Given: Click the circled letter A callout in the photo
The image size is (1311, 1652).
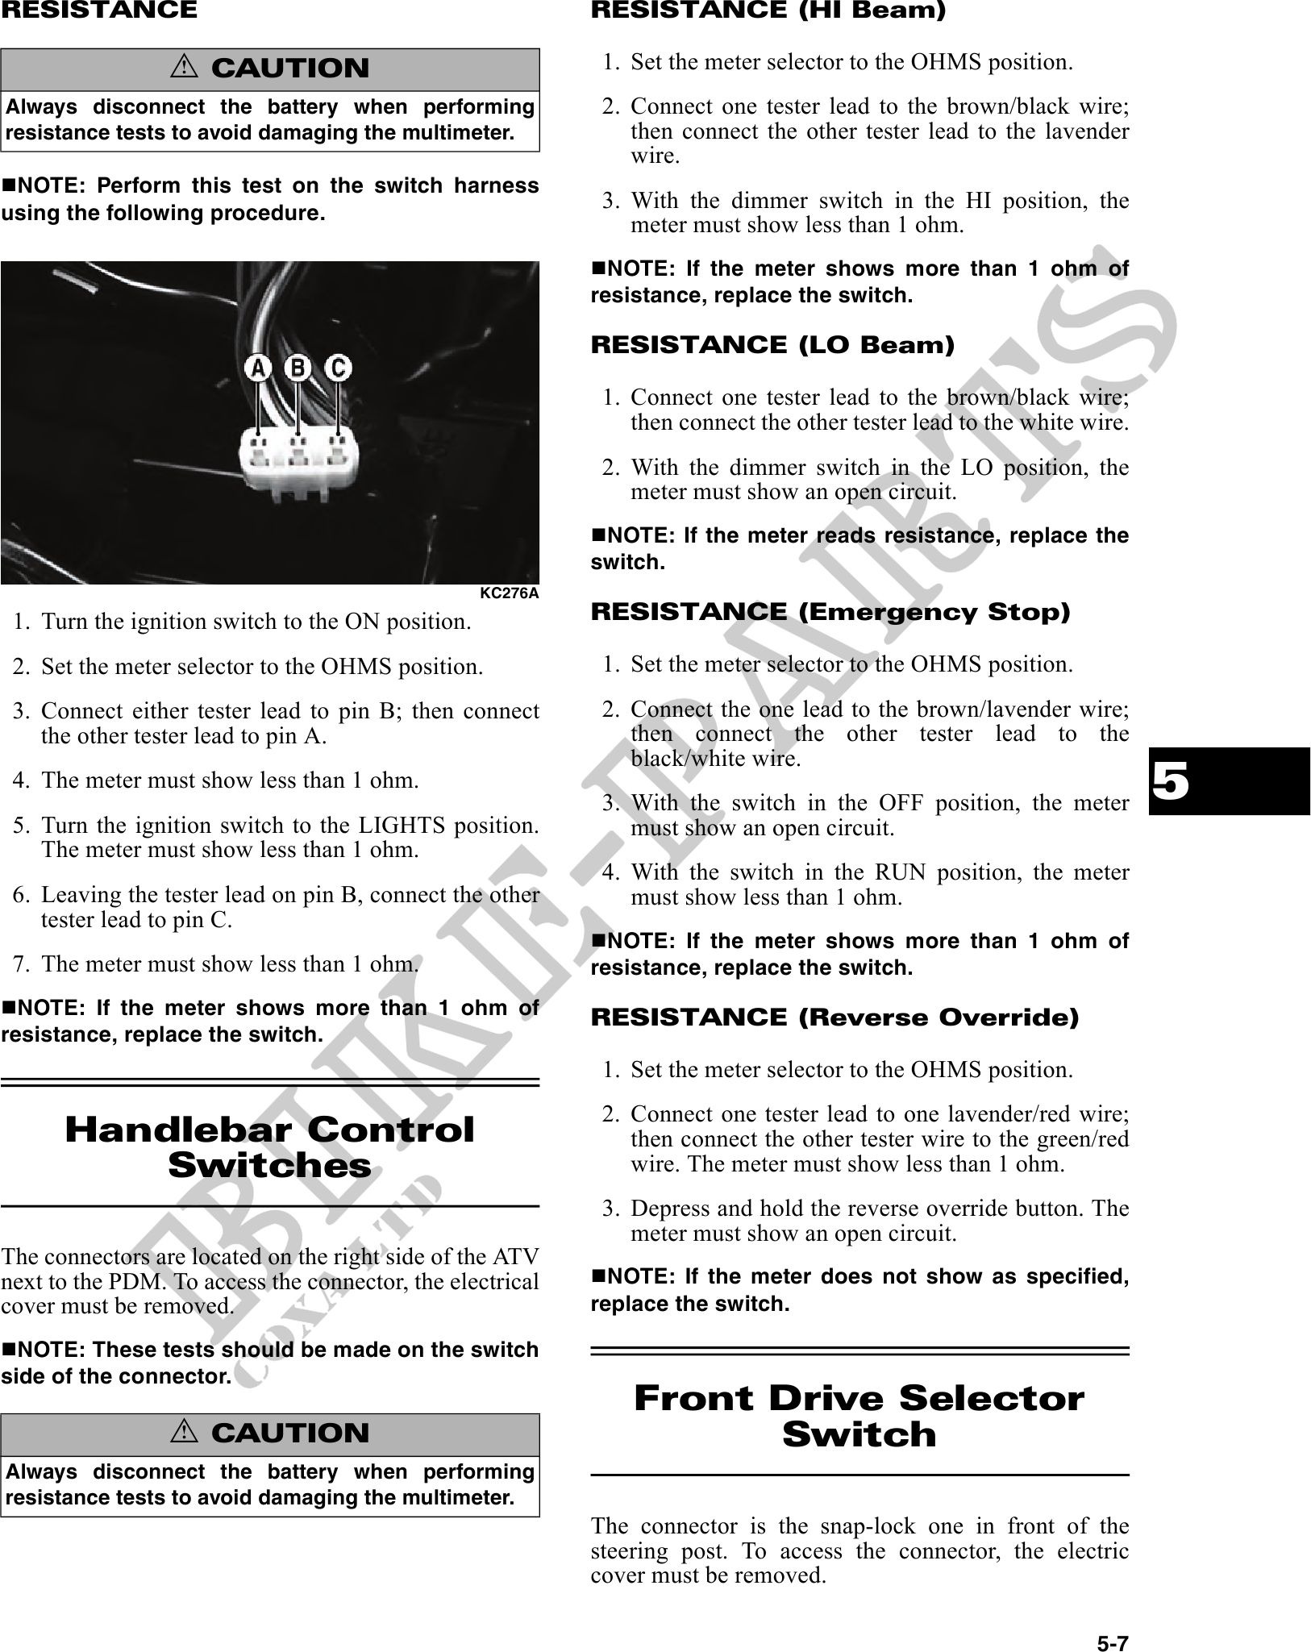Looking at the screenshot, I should [x=257, y=368].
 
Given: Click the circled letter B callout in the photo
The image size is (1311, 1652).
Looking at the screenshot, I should [x=298, y=368].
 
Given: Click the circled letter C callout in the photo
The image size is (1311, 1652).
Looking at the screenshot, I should [x=338, y=368].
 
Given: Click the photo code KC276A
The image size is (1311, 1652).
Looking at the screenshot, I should [x=509, y=593].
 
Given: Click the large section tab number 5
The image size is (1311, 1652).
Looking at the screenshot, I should [x=1169, y=781].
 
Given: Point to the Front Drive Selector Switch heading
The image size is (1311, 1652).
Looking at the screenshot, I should [x=859, y=1416].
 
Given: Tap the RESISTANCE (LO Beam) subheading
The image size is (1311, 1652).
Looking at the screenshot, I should [x=772, y=345].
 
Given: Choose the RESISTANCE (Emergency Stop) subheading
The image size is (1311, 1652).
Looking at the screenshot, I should [x=830, y=612].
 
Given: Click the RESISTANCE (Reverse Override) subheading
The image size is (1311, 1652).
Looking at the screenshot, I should [x=834, y=1017].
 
